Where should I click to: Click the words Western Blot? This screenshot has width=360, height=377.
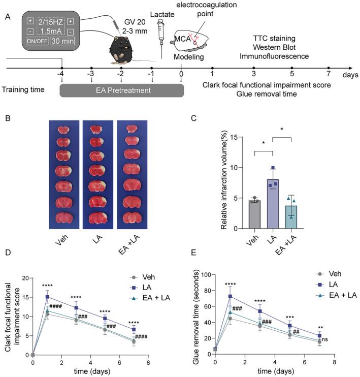(281, 47)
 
